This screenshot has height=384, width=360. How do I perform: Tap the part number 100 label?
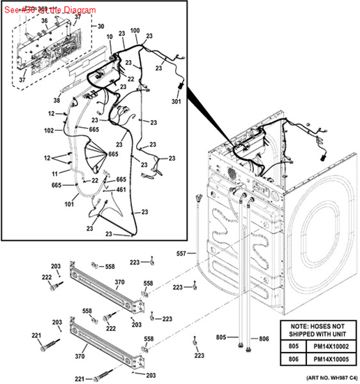[134, 31]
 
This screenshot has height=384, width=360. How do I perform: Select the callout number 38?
[57, 100]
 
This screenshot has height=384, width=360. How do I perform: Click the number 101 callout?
[69, 205]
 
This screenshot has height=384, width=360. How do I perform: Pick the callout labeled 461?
[121, 189]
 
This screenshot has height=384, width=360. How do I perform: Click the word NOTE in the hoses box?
[295, 325]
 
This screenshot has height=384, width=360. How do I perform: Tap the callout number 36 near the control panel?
[43, 21]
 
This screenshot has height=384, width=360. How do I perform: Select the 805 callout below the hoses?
[221, 338]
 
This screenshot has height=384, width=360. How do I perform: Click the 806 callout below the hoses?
[263, 339]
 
